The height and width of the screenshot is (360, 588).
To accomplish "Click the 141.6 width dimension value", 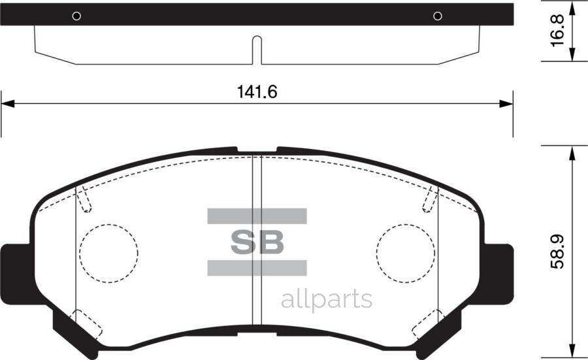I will (257, 92).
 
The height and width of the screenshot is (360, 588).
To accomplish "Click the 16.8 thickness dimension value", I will (557, 31).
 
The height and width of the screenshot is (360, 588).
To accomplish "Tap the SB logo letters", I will (257, 242).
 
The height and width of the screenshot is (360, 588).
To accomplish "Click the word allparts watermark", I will (326, 299).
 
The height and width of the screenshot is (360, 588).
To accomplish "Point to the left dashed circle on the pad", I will (108, 253).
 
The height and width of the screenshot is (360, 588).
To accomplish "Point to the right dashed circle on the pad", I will (406, 253).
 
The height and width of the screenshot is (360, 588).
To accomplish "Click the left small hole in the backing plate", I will (76, 16).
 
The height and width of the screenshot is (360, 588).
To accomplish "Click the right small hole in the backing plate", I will (438, 16).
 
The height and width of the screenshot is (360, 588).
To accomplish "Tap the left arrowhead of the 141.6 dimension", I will (7, 103).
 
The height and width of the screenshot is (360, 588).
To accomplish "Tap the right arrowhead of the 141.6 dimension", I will (506, 103).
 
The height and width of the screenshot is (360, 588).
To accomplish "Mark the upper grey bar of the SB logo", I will (257, 216).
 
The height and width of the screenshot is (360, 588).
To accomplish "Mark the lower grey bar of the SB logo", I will (257, 267).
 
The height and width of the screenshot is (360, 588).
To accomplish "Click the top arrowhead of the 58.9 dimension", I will (572, 153).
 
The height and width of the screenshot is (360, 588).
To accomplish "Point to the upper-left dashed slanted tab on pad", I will (84, 199).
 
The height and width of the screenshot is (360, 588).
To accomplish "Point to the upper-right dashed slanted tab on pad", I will (430, 199).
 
